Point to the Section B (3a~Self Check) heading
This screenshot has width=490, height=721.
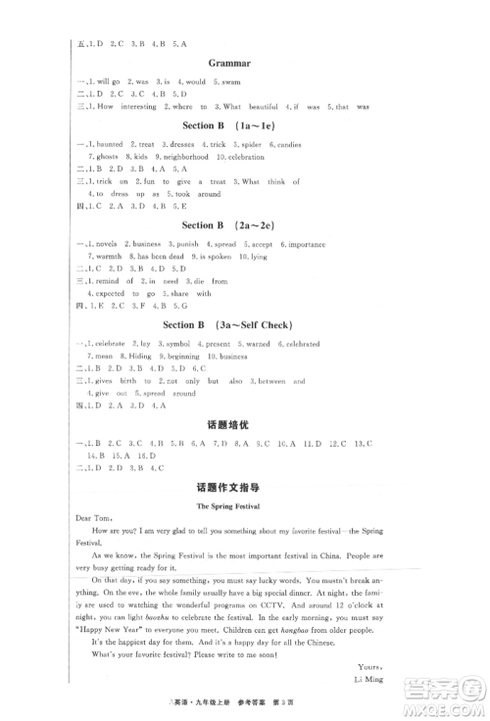click(244, 324)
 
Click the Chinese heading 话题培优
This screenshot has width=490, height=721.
click(244, 425)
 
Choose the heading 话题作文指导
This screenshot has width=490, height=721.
click(244, 486)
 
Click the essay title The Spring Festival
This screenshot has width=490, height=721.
click(244, 507)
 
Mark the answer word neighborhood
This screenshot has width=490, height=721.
click(183, 157)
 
